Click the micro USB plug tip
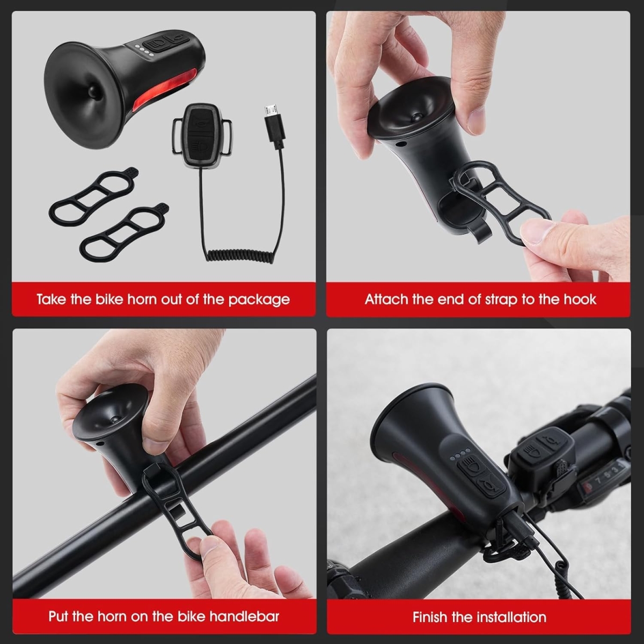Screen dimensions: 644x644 click(270, 110)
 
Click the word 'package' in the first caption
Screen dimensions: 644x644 click(259, 300)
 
